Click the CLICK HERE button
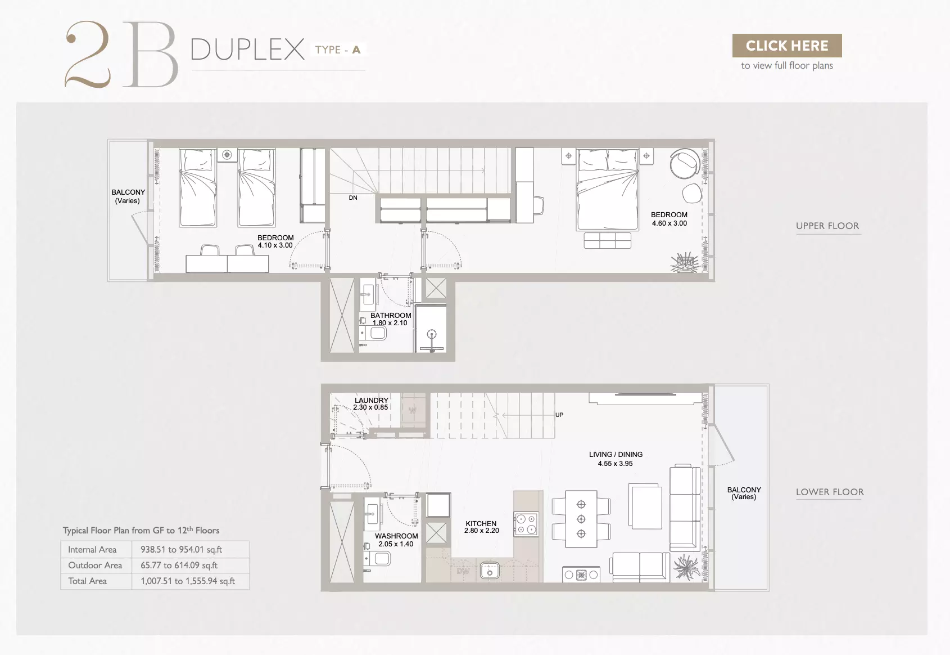coord(787,46)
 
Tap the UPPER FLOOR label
coord(827,226)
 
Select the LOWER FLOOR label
coord(830,492)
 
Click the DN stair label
coord(353,198)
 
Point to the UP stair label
coord(559,415)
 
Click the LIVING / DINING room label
coord(616,454)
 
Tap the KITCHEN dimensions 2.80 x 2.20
coord(481,531)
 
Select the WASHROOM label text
coord(396,536)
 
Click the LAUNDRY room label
coord(372,400)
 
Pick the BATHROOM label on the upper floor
coord(391,316)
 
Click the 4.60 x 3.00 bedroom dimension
coord(669,223)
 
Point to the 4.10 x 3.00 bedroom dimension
coord(275,245)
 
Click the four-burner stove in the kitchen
coord(526,524)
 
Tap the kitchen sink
coord(490,571)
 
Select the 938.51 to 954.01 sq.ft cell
coord(182,549)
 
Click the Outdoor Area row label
coord(95,565)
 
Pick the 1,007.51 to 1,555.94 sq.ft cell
coord(188,581)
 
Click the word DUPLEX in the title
coord(248,50)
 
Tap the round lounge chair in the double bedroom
coord(685,164)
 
